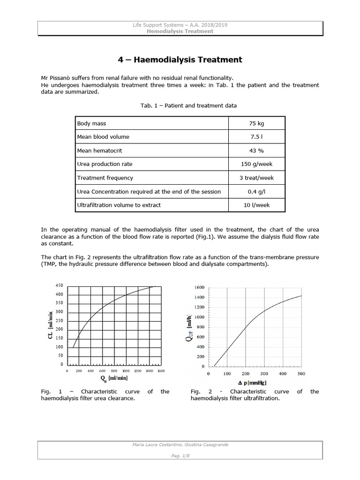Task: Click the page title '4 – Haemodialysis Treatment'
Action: coord(180,60)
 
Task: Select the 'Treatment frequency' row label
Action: coord(105,178)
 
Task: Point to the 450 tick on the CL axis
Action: coord(59,285)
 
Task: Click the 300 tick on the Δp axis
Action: coord(264,374)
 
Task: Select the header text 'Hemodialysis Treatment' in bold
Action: coord(180,31)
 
